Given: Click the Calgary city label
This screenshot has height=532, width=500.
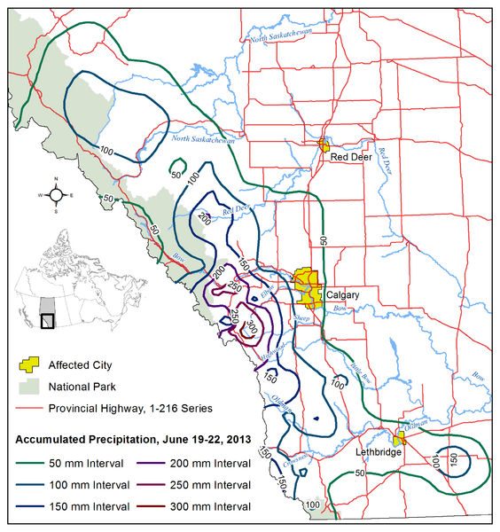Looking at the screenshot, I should pyautogui.click(x=341, y=294).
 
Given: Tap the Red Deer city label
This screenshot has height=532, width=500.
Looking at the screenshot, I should pyautogui.click(x=350, y=157).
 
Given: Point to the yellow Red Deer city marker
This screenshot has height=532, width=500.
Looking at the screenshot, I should pyautogui.click(x=324, y=144).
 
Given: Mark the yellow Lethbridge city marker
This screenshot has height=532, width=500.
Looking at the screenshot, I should pyautogui.click(x=398, y=438).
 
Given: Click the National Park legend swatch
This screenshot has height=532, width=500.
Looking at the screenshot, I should pyautogui.click(x=30, y=387).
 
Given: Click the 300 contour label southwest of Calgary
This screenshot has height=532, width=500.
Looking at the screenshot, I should pyautogui.click(x=254, y=326).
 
